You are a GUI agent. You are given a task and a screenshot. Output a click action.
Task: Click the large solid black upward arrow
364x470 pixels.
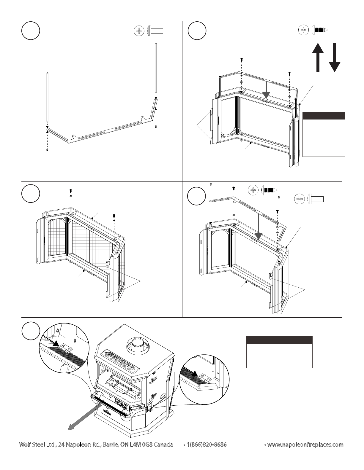click(318, 58)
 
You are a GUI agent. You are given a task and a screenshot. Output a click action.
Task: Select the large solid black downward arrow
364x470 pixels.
click(335, 58)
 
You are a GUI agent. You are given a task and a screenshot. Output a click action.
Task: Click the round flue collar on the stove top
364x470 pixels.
click(136, 346)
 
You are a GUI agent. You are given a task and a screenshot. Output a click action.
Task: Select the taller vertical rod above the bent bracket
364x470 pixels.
click(156, 68)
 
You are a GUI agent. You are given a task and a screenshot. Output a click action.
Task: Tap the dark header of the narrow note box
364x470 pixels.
click(324, 116)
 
